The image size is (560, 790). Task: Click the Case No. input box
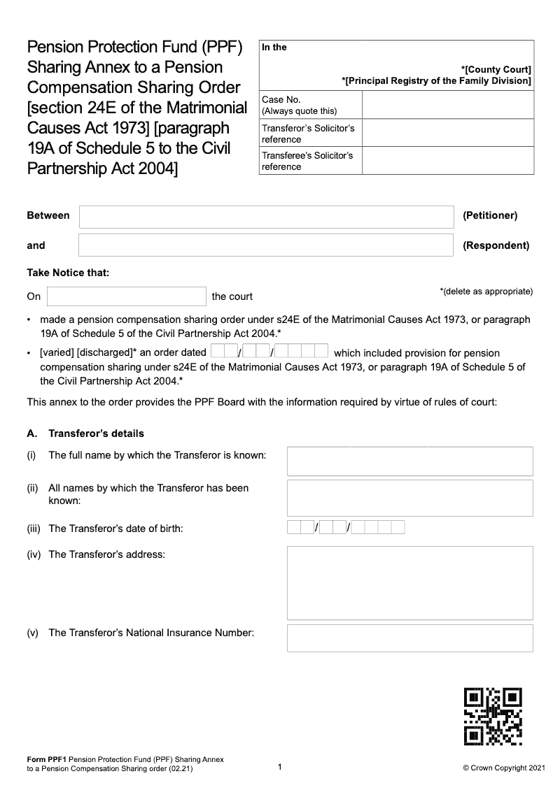point(448,105)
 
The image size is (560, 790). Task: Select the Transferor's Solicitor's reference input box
point(448,134)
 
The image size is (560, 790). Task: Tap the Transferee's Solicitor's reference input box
point(448,161)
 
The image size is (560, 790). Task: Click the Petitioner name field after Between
point(266,217)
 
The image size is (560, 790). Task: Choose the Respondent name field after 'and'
point(266,245)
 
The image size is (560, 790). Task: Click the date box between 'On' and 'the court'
point(126,296)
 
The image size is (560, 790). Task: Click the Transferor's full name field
point(409,461)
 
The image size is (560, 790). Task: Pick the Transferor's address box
point(409,583)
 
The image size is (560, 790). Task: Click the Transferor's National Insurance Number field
point(409,638)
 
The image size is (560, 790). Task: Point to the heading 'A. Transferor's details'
point(85,433)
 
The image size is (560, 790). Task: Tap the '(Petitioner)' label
point(490,215)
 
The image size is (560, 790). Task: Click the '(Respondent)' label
point(496,245)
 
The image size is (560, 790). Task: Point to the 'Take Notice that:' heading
point(68,273)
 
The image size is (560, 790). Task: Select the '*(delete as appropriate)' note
point(486,291)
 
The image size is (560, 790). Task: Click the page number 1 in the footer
point(280,768)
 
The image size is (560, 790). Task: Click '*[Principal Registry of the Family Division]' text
point(436,81)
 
